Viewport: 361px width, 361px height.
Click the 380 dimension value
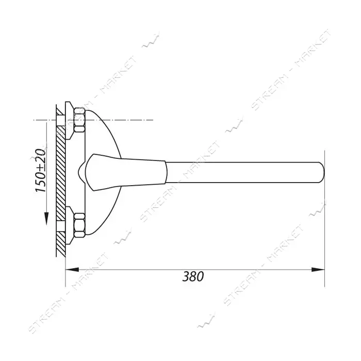coord(193,276)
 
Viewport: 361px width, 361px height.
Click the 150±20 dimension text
coord(40,170)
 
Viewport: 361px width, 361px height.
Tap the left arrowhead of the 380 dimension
coord(72,269)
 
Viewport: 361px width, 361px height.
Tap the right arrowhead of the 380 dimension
coord(318,269)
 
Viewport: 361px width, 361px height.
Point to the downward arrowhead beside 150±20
coord(46,219)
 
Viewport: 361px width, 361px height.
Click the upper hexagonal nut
coord(79,120)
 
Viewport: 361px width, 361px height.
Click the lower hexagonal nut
coord(79,225)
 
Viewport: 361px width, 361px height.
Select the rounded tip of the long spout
coord(321,172)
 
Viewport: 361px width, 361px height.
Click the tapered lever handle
coord(125,172)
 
